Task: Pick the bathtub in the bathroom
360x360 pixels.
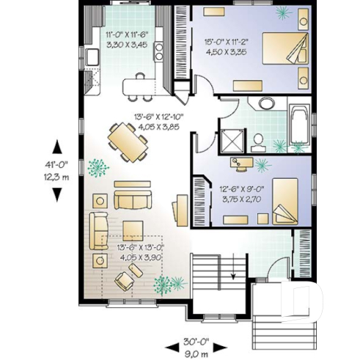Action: tap(298, 123)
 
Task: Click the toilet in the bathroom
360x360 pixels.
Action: tap(258, 139)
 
